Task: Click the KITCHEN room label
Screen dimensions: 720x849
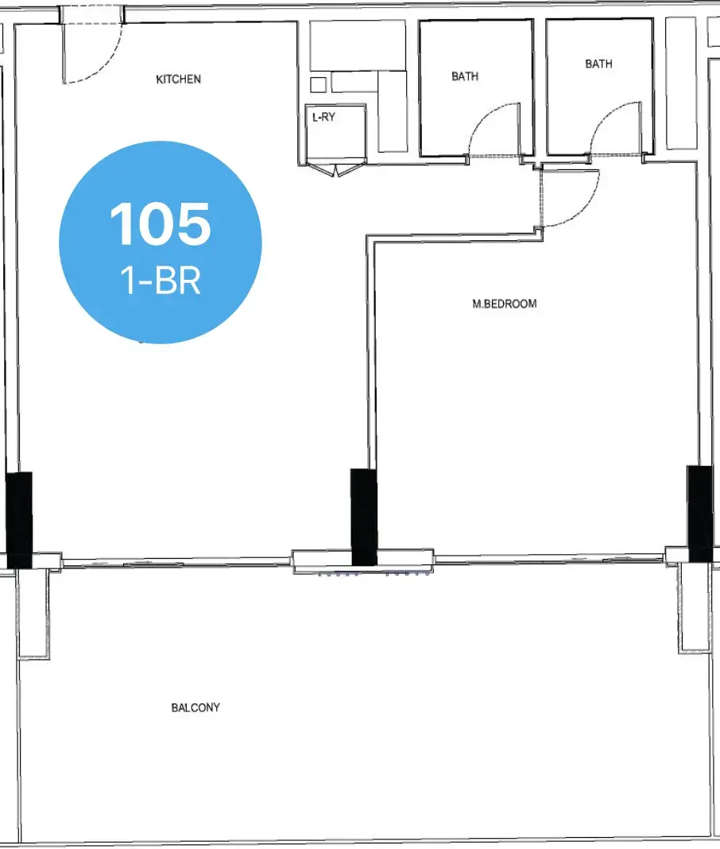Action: point(178,79)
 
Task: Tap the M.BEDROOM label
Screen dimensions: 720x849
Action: point(505,304)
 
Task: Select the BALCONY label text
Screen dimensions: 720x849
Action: point(195,707)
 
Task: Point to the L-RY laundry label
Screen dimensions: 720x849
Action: point(323,116)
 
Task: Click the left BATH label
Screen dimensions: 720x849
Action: point(465,76)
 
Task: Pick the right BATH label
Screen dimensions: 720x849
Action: point(598,64)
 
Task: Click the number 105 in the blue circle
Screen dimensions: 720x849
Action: point(161,223)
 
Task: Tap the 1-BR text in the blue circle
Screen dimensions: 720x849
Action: point(161,281)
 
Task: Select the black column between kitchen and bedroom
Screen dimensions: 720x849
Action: point(363,517)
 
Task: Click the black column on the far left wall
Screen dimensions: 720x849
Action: point(19,520)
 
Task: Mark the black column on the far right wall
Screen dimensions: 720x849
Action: point(699,514)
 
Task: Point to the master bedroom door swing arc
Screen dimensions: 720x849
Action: point(586,209)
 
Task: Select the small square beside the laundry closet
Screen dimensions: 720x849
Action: point(319,85)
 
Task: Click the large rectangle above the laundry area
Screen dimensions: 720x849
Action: point(358,45)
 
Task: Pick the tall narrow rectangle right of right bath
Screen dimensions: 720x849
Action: point(681,83)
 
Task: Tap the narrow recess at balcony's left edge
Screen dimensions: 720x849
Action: point(33,614)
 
